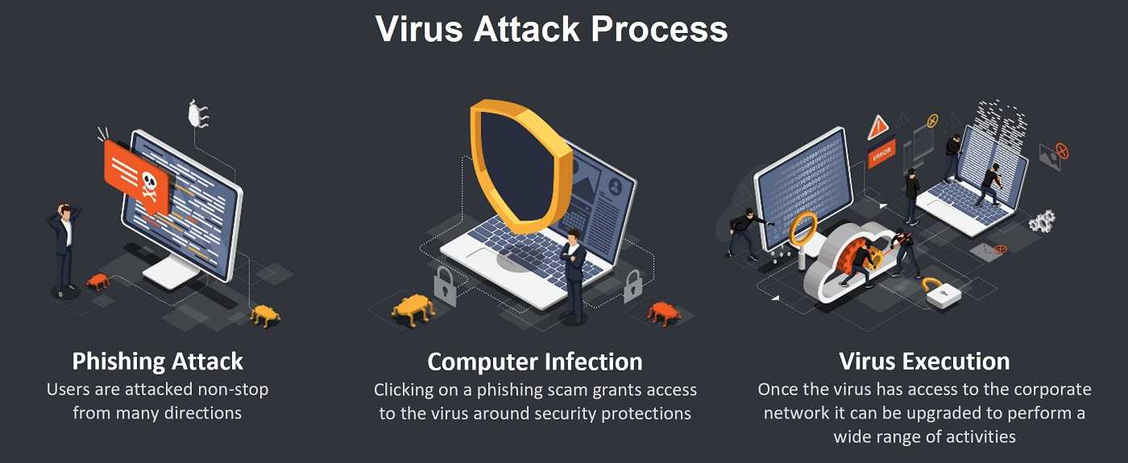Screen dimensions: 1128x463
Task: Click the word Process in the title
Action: coord(659,29)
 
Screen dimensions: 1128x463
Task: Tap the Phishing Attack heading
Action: coord(158,362)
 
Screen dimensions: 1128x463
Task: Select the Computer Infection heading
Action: coord(535,362)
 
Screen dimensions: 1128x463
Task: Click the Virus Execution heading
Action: coord(924,362)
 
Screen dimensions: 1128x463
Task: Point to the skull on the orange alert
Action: coord(150,186)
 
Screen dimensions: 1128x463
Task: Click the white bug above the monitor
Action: coord(197,114)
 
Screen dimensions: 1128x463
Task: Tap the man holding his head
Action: coord(64,250)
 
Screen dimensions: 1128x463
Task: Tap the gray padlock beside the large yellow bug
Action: coord(445,287)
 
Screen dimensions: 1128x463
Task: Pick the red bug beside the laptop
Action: coord(664,313)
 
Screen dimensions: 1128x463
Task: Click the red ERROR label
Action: coord(881,153)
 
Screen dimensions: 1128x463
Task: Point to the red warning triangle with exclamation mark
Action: coord(877,128)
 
